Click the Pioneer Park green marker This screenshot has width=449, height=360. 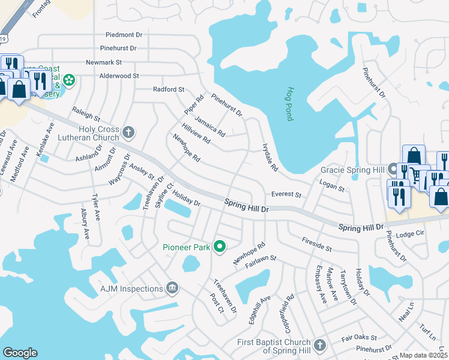(220, 246)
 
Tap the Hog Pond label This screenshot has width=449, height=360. (289, 104)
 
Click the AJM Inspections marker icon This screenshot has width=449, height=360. (172, 289)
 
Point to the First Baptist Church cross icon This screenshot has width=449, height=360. (320, 345)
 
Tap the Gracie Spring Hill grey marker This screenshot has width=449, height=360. (393, 169)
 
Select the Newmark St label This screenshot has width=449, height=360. (104, 62)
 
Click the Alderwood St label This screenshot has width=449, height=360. (119, 76)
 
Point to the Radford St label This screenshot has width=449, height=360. (169, 89)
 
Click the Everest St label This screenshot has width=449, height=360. (286, 194)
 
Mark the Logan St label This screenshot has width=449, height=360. (332, 188)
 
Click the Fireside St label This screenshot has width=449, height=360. (317, 247)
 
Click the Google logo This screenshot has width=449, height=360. (20, 353)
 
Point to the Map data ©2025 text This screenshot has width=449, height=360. (424, 355)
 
